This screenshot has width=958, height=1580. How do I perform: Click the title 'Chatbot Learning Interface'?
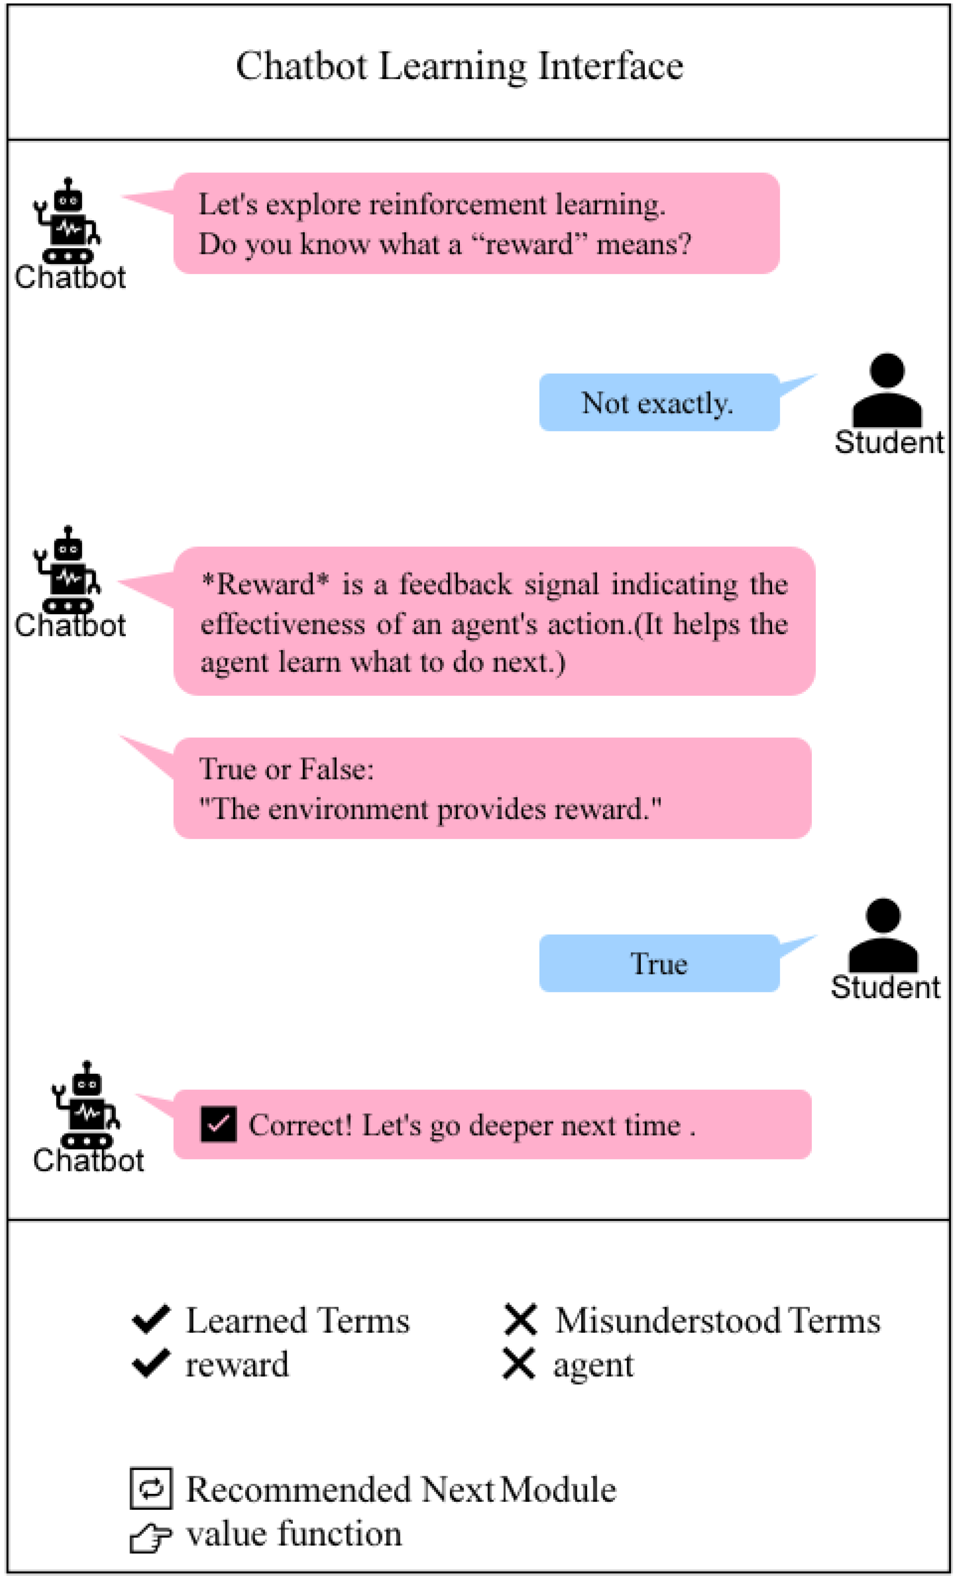click(460, 66)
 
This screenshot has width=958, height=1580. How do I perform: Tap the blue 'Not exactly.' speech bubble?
click(659, 403)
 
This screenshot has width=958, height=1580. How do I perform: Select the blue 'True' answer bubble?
click(659, 964)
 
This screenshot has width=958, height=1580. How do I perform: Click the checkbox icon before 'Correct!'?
click(218, 1124)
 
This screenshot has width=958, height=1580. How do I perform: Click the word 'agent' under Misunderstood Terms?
click(593, 1365)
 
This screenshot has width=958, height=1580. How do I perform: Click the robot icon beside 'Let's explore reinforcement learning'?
click(68, 221)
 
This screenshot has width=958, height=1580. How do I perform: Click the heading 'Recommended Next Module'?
click(401, 1489)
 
